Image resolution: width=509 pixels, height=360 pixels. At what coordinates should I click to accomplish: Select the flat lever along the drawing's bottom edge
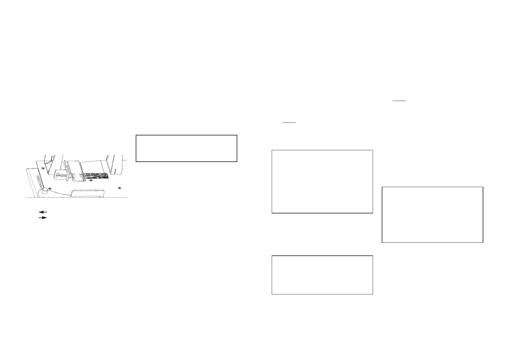(88, 193)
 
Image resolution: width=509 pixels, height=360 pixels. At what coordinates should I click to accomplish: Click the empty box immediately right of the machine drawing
(186, 148)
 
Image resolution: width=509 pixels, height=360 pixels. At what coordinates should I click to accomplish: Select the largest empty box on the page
(322, 181)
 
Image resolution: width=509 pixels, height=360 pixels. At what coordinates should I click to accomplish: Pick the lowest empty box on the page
(322, 275)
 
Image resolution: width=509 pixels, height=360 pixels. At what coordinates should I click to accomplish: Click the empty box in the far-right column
(433, 215)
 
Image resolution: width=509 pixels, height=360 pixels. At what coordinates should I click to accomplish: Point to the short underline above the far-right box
(399, 101)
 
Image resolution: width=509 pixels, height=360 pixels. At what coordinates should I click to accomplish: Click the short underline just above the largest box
(289, 122)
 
